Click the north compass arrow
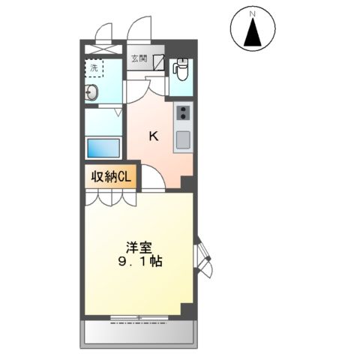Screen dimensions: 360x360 tap(253, 34)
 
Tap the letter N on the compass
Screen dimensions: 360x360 tap(253, 13)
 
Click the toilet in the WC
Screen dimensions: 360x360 tap(181, 70)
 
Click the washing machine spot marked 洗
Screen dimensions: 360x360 tap(94, 68)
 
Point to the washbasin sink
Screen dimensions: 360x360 tap(91, 94)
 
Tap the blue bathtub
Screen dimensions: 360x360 tap(103, 147)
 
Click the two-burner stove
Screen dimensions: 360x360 tap(182, 114)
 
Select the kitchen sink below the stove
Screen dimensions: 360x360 tap(182, 139)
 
